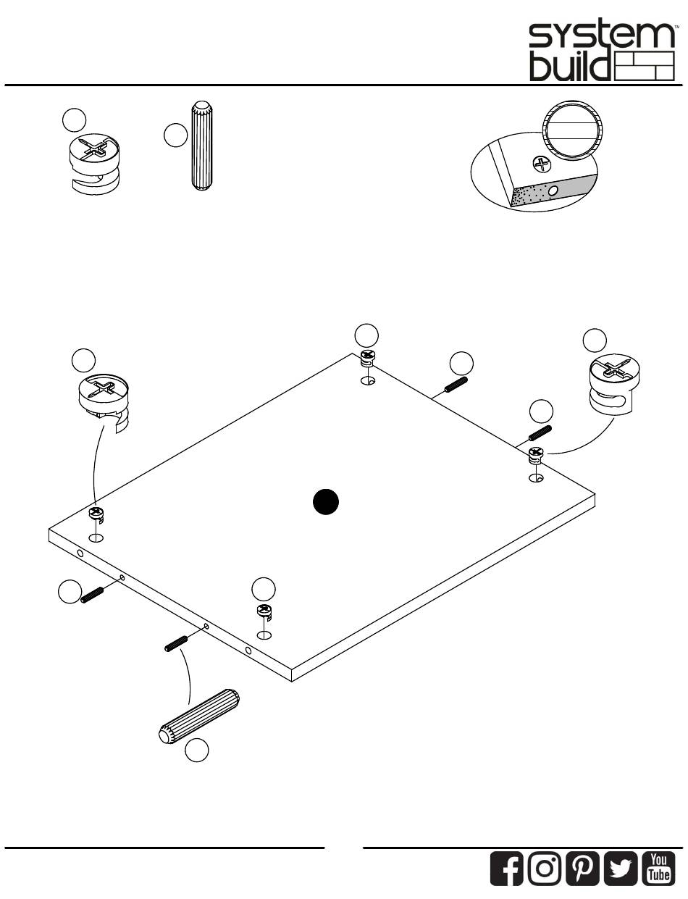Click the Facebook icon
pyautogui.click(x=508, y=869)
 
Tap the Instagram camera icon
pyautogui.click(x=545, y=869)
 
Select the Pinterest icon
pyautogui.click(x=582, y=869)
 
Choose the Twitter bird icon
pyautogui.click(x=621, y=869)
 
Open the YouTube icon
pyautogui.click(x=658, y=869)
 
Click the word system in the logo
pyautogui.click(x=601, y=36)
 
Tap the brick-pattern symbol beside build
pyautogui.click(x=644, y=66)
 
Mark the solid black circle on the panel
pyautogui.click(x=327, y=502)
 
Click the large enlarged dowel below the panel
pyautogui.click(x=198, y=715)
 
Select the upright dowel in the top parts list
pyautogui.click(x=201, y=146)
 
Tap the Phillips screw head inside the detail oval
pyautogui.click(x=541, y=164)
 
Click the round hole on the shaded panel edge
pyautogui.click(x=554, y=190)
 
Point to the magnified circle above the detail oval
pyautogui.click(x=572, y=128)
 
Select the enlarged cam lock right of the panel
pyautogui.click(x=613, y=386)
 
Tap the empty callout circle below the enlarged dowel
pyautogui.click(x=196, y=751)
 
